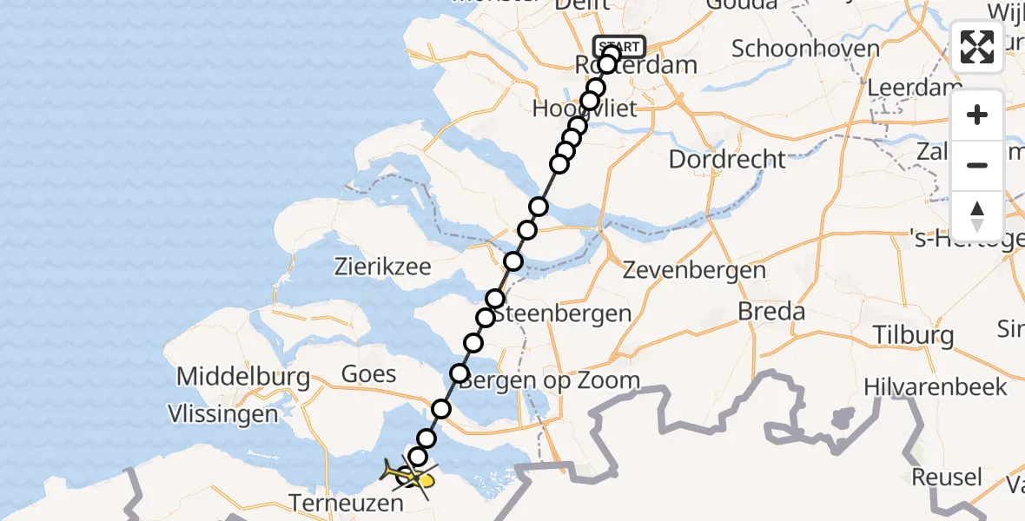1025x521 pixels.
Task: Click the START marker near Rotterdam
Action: click(x=618, y=46)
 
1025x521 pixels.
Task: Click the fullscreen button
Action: click(x=977, y=47)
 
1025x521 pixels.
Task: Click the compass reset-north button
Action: click(x=977, y=216)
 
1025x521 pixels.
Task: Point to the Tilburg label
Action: click(x=912, y=335)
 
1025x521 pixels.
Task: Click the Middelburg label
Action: click(x=243, y=377)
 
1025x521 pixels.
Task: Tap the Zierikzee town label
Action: click(x=383, y=267)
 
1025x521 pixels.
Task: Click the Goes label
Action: click(x=369, y=374)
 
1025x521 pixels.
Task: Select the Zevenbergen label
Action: click(x=695, y=270)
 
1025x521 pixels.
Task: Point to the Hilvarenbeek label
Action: click(x=936, y=386)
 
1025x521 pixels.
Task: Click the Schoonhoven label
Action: click(x=805, y=49)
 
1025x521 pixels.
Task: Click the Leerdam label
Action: click(x=915, y=89)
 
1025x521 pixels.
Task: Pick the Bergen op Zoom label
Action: click(x=550, y=380)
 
